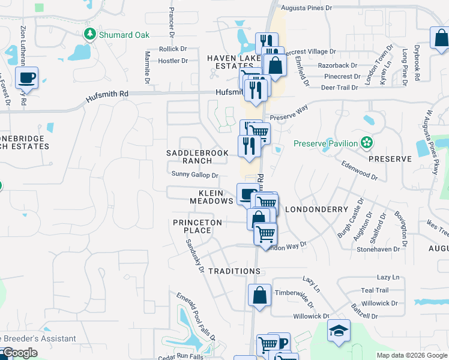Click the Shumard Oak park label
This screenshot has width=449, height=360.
pyautogui.click(x=125, y=35)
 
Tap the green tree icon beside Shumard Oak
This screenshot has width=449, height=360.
pyautogui.click(x=91, y=34)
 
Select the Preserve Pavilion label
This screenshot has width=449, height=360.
pyautogui.click(x=325, y=143)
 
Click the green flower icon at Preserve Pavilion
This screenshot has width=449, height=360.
pyautogui.click(x=366, y=143)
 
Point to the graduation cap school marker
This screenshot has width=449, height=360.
pyautogui.click(x=339, y=331)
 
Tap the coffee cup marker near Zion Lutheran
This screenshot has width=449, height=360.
pyautogui.click(x=26, y=78)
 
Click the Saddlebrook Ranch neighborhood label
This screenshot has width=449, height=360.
pyautogui.click(x=197, y=157)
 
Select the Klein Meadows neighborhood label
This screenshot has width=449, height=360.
pyautogui.click(x=211, y=197)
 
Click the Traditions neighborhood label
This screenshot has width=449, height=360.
pyautogui.click(x=234, y=271)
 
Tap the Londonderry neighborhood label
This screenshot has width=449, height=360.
pyautogui.click(x=316, y=209)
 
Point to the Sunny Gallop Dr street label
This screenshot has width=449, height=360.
pyautogui.click(x=195, y=175)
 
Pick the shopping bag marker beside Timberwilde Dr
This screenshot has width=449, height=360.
pyautogui.click(x=259, y=295)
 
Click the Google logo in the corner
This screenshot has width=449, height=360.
pyautogui.click(x=20, y=353)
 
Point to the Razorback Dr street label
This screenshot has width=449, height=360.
pyautogui.click(x=337, y=65)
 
